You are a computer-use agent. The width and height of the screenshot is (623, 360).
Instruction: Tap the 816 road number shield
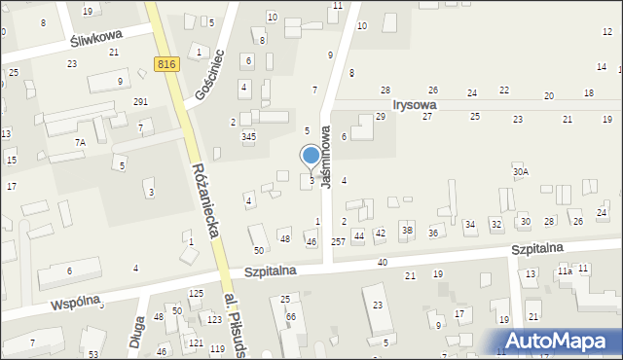[165, 63]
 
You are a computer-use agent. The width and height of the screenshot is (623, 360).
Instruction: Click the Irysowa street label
[414, 103]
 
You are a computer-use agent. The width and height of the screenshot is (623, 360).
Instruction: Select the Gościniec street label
[207, 77]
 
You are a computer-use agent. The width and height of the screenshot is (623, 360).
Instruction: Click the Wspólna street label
[78, 303]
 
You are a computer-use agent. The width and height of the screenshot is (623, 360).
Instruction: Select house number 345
[249, 136]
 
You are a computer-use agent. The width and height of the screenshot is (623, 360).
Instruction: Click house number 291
[140, 102]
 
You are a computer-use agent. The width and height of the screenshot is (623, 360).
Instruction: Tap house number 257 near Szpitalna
[338, 240]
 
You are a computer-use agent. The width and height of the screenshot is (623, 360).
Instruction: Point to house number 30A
[521, 172]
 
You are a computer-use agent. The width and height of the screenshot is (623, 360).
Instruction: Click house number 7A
[80, 142]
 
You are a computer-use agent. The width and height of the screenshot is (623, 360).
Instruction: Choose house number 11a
[565, 271]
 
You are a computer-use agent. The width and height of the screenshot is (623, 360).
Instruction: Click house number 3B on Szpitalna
[408, 231]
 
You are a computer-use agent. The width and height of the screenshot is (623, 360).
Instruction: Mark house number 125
[196, 293]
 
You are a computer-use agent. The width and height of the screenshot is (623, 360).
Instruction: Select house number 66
[291, 317]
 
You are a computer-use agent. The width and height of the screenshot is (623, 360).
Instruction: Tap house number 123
[214, 319]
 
